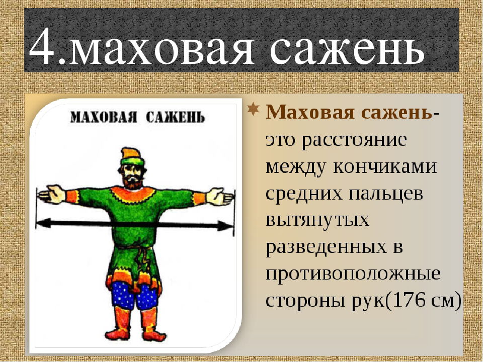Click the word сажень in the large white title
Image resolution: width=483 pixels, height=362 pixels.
click(x=347, y=48)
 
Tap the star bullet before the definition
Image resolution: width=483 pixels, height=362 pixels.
click(x=253, y=109)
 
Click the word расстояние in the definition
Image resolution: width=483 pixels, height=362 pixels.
click(x=354, y=141)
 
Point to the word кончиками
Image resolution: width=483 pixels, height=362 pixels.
click(x=385, y=167)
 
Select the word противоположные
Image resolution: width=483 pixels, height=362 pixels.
click(x=353, y=274)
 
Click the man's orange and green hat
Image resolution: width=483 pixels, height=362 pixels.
click(x=132, y=157)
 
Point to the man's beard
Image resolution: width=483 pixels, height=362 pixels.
click(x=133, y=183)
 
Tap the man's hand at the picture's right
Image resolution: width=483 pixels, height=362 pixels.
click(x=220, y=197)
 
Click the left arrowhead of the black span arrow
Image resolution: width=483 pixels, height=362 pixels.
click(x=44, y=223)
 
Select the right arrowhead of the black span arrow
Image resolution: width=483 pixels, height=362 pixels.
click(x=226, y=226)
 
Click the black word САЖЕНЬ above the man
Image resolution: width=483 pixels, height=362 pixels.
click(x=175, y=117)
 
